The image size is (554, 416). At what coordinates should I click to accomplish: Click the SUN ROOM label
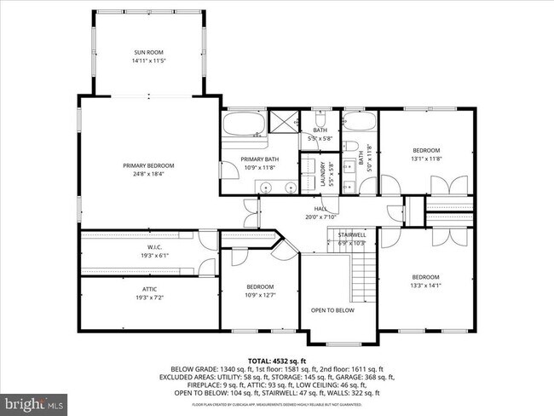[x=147, y=53]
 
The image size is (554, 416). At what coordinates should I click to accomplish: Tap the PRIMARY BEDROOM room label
[x=147, y=165]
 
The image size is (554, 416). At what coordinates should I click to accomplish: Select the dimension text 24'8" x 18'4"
[x=147, y=174]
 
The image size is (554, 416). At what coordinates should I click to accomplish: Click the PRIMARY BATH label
[x=259, y=159]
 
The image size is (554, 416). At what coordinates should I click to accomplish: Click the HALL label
[x=320, y=209]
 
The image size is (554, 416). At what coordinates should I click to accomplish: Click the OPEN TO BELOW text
[x=333, y=309]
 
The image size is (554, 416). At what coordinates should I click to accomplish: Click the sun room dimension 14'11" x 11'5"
[x=147, y=61]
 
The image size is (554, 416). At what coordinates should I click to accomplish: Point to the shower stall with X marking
[x=282, y=120]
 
